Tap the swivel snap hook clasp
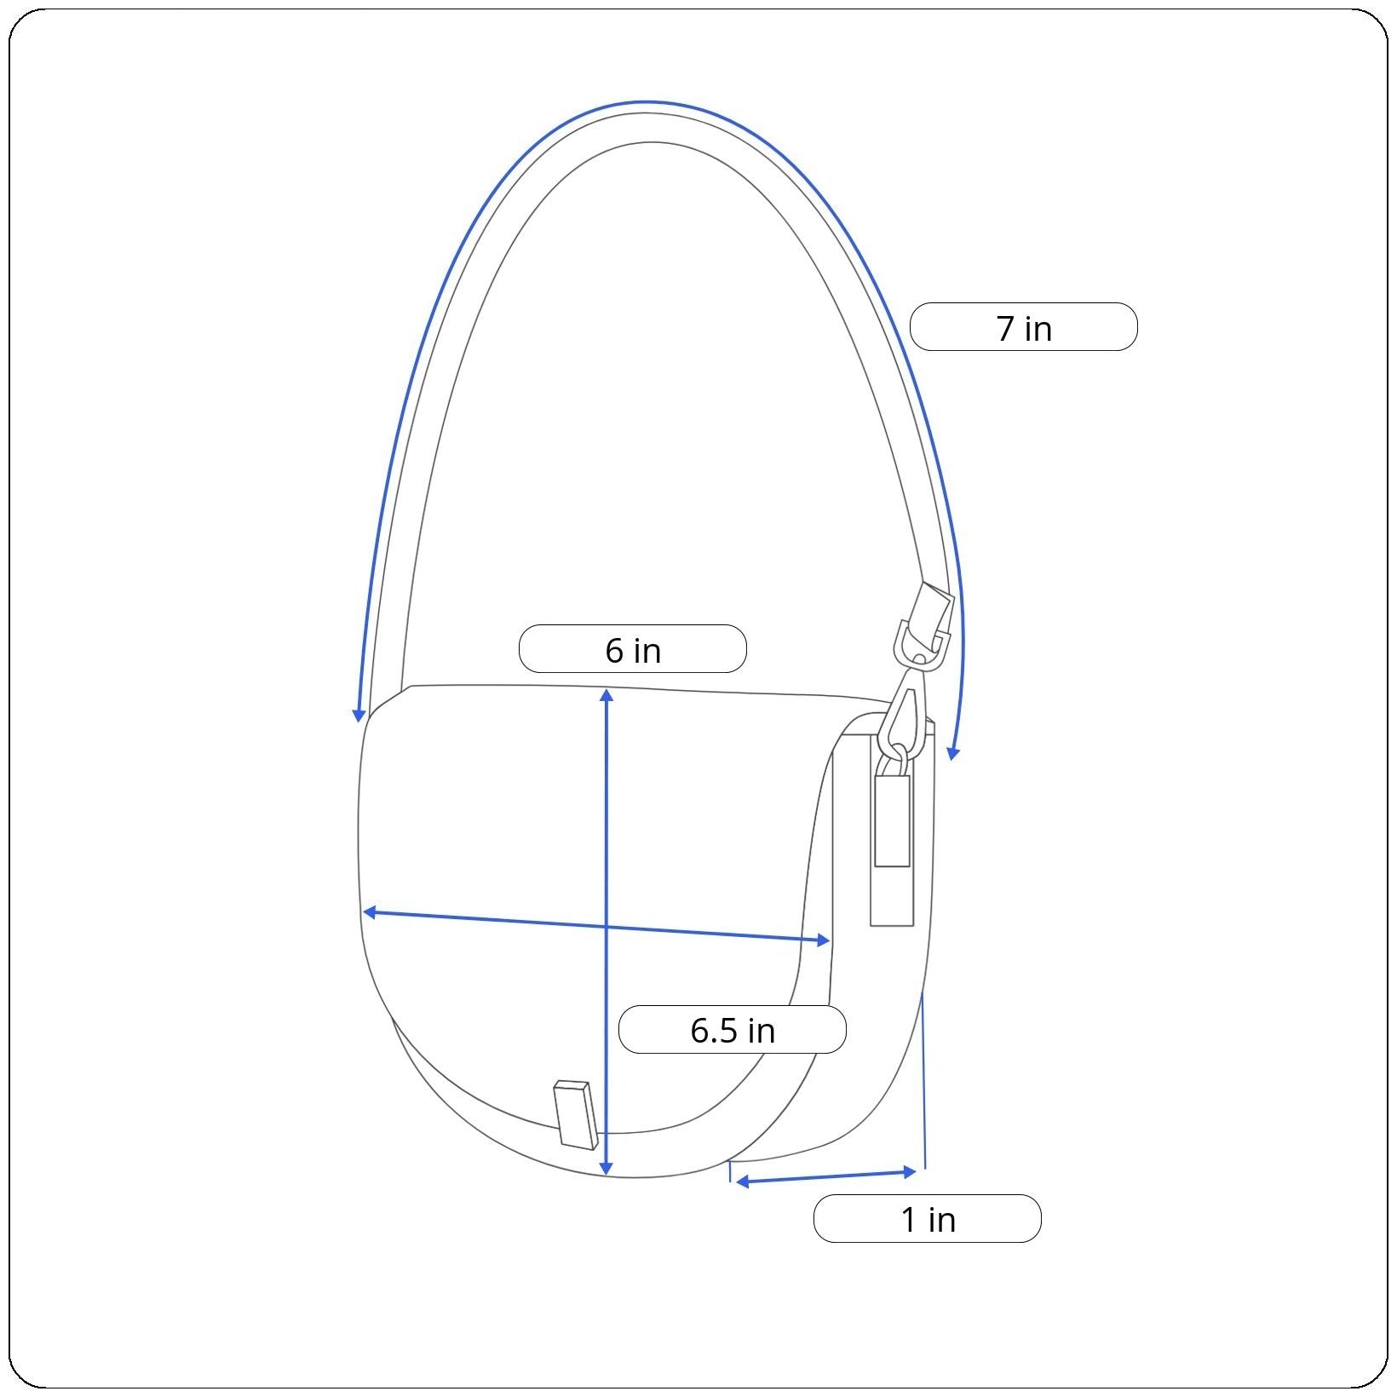tap(905, 714)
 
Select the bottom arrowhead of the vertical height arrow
tap(606, 1169)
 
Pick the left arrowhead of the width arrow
tap(370, 912)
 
